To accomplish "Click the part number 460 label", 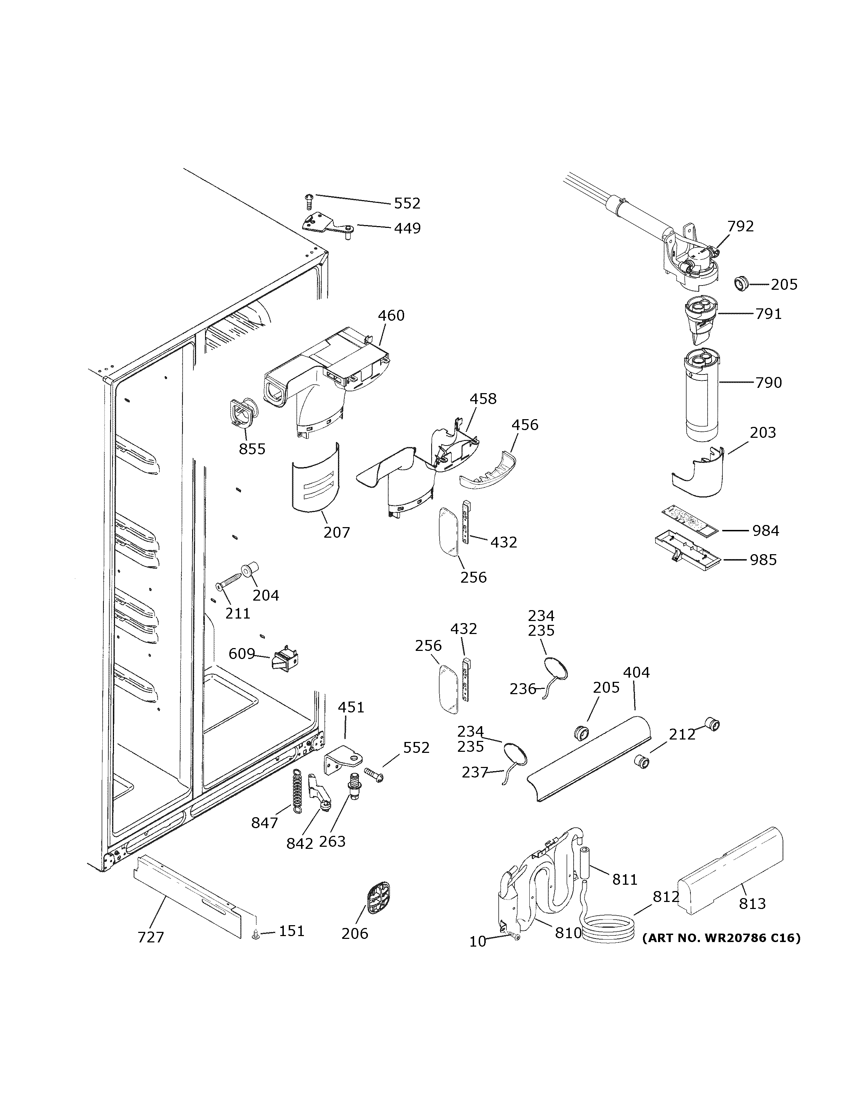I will [391, 316].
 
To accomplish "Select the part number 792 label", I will [740, 226].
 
